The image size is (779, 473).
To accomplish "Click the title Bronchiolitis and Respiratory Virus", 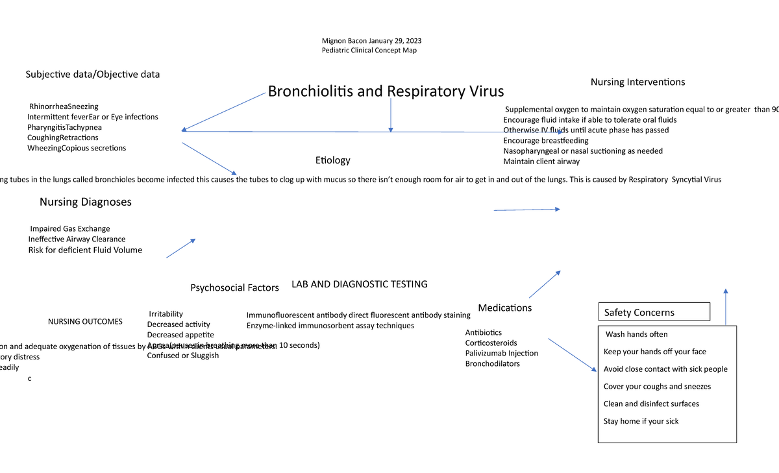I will pos(386,91).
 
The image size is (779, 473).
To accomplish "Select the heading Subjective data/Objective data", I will pos(92,75).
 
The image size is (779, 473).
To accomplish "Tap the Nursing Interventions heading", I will pos(637,82).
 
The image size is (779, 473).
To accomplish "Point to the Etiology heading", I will pos(332,160).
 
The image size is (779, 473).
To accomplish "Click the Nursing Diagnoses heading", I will pos(85,202).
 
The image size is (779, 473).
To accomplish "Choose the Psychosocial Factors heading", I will pos(234,288).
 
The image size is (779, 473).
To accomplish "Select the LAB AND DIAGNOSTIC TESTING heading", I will pos(359,284).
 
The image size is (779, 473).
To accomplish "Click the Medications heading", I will pos(504,308).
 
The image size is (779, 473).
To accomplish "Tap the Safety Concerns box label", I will pos(639,313).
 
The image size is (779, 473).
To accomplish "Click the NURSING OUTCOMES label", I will pos(85,322).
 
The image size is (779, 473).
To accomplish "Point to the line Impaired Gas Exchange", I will pos(70,229).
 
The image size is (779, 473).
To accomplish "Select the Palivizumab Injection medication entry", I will pos(501,354).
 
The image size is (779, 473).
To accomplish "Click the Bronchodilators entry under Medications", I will pos(492,364).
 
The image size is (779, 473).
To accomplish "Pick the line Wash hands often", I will pos(636,335).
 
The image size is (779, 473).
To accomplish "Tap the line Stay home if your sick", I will pos(641,422).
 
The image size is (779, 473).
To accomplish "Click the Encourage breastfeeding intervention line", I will pos(545,141).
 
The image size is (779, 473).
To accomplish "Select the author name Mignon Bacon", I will pos(344,41).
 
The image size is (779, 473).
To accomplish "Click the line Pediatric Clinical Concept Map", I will pos(369,51).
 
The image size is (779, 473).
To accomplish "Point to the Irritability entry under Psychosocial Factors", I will pos(166,314).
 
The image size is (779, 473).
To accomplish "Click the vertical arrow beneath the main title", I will pos(390,117).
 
